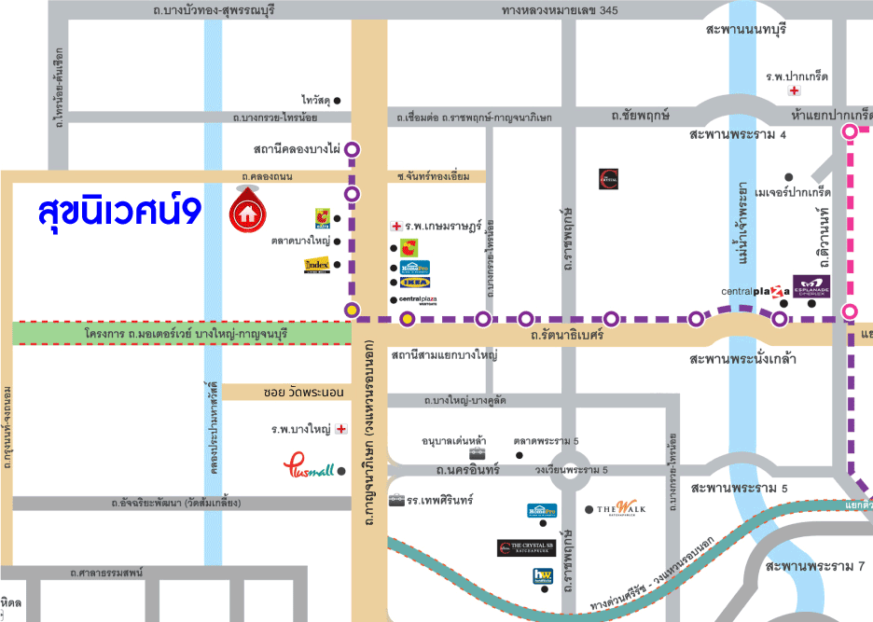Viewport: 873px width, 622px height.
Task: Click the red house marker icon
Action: (247, 212)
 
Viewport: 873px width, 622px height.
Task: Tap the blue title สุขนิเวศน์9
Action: (118, 211)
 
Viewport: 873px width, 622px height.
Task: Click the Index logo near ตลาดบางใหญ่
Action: (317, 266)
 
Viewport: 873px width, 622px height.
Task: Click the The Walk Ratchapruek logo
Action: (621, 508)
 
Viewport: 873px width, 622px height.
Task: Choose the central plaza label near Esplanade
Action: (754, 292)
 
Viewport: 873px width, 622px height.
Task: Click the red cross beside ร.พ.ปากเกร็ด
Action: (794, 90)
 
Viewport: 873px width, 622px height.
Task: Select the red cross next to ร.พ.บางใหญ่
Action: (341, 429)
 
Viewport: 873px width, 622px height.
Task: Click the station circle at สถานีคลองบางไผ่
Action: (353, 148)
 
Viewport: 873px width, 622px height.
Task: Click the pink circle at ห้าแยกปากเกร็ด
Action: (850, 132)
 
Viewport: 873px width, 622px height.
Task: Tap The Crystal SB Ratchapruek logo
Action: (527, 548)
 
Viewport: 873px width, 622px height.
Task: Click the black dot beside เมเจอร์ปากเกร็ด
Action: (789, 176)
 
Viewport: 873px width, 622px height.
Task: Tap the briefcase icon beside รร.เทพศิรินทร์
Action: (396, 500)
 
